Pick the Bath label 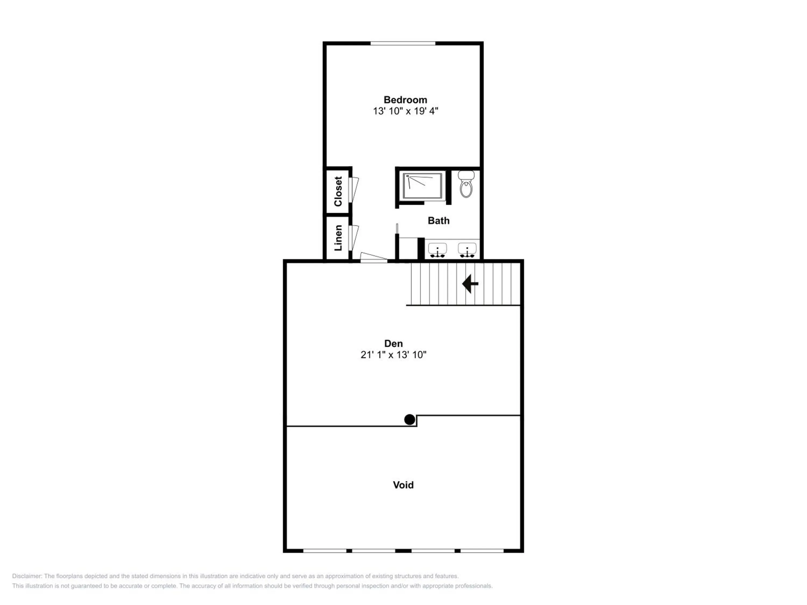pyautogui.click(x=438, y=221)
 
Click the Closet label pyautogui.click(x=338, y=191)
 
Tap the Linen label pyautogui.click(x=338, y=238)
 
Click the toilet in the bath pyautogui.click(x=466, y=184)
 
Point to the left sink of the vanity pyautogui.click(x=437, y=250)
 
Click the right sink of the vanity pyautogui.click(x=467, y=250)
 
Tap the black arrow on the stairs pyautogui.click(x=470, y=283)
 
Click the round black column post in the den pyautogui.click(x=409, y=420)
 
